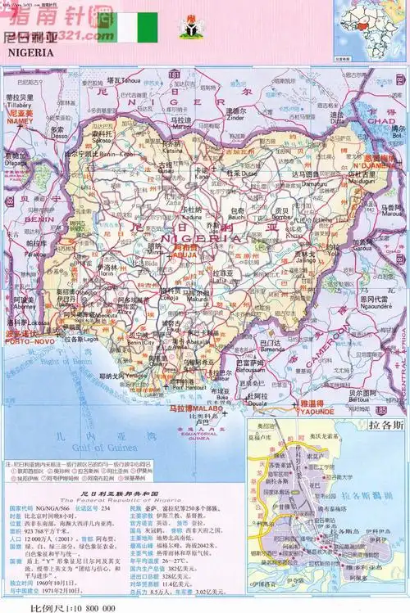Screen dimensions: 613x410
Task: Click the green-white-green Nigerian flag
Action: click(x=134, y=29)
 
